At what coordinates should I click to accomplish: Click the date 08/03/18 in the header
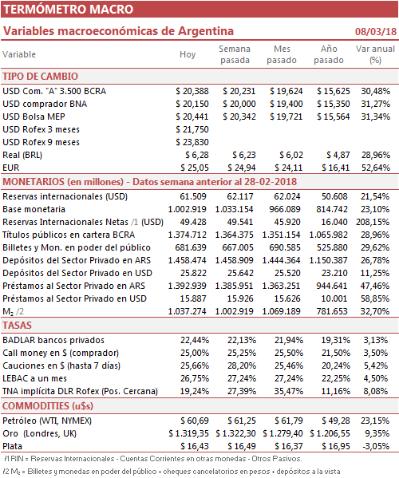point(376,31)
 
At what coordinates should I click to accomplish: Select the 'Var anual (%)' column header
point(375,54)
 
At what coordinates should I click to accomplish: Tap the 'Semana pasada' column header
point(235,54)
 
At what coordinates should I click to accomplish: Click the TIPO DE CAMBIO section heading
point(40,77)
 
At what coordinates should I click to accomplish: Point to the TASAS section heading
point(17,326)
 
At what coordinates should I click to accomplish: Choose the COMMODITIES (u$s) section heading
point(48,406)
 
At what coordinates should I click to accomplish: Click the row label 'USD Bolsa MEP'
point(34,117)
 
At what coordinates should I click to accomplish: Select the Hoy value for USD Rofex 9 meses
point(192,142)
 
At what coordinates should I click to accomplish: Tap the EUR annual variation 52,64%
point(376,168)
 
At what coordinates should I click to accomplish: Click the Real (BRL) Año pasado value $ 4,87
point(338,155)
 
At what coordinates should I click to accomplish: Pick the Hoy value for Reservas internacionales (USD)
point(193,196)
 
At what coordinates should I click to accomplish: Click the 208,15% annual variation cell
point(373,222)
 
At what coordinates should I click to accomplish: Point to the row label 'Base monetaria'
point(34,209)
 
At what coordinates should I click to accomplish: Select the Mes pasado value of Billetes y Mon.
point(285,247)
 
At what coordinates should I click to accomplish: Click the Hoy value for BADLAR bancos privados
point(195,340)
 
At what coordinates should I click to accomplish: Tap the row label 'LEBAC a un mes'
point(35,378)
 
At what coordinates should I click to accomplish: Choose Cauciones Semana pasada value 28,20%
point(242,365)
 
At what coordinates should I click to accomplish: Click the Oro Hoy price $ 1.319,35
point(188,433)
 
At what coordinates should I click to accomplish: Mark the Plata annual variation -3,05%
point(376,446)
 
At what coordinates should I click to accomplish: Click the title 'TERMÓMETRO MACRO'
point(69,10)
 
